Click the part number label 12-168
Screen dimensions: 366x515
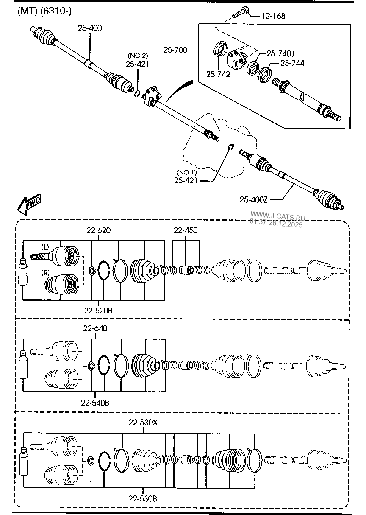[273, 16]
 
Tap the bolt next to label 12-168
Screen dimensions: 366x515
[241, 12]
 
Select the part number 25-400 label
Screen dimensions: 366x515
[90, 28]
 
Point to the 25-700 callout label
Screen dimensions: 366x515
[175, 50]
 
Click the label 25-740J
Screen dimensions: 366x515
[280, 53]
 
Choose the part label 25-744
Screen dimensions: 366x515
[292, 63]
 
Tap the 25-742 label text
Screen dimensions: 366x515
[218, 74]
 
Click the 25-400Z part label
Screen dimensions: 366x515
[254, 199]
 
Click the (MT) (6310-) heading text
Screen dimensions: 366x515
[44, 11]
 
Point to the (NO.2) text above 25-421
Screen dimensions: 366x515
[138, 56]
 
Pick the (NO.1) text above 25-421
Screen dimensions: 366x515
[187, 172]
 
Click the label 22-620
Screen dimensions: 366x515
[99, 230]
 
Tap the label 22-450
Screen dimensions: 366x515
[186, 230]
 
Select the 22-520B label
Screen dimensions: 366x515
[98, 311]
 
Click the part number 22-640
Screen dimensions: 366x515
[95, 328]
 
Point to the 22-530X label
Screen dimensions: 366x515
[143, 423]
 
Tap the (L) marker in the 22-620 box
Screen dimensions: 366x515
[45, 247]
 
